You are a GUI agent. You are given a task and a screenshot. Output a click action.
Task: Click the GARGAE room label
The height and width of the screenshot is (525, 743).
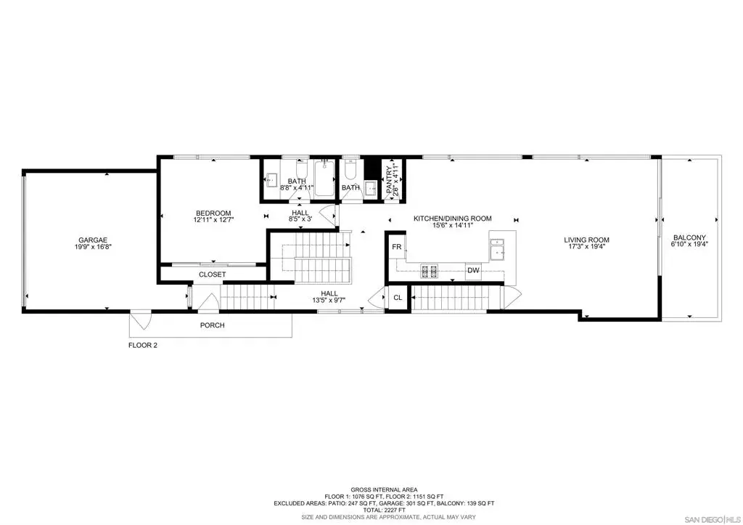point(93,240)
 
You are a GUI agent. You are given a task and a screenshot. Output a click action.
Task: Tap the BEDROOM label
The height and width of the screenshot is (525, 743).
point(213,213)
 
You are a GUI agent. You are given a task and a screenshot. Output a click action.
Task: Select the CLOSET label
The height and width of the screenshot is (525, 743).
point(213,274)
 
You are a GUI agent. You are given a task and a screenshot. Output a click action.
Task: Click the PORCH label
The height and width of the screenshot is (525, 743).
point(213,325)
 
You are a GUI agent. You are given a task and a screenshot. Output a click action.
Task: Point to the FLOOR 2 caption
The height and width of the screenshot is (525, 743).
point(143,345)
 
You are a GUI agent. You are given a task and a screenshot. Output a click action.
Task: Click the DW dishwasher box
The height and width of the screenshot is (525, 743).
point(473,270)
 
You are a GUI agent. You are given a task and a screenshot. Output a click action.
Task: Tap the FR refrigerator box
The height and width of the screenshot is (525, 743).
point(397,247)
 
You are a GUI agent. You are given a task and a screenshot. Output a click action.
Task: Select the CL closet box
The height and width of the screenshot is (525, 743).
point(398,298)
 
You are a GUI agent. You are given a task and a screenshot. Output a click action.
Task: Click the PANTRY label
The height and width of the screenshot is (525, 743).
point(390,179)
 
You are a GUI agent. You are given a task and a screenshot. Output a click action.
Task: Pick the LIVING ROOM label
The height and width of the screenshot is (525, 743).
point(586,240)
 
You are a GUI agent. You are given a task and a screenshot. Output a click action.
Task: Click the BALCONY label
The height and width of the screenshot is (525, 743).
point(689,237)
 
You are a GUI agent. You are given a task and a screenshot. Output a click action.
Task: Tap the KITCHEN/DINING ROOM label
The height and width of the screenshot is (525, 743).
point(453,219)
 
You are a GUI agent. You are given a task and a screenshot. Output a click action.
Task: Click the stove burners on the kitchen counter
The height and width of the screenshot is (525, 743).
point(429,271)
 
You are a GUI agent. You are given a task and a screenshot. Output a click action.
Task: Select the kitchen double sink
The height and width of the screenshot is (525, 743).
point(496,250)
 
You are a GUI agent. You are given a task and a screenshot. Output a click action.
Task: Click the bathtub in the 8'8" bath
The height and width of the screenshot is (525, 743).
point(324,179)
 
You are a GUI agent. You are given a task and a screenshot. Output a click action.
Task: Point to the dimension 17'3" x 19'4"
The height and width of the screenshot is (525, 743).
point(586,247)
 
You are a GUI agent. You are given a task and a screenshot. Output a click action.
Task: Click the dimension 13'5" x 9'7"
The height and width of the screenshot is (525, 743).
point(329,300)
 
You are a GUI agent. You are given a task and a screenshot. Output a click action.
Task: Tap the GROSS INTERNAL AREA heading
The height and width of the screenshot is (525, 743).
point(384,490)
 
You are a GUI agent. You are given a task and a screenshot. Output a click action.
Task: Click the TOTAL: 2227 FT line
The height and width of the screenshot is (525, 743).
point(384,510)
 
